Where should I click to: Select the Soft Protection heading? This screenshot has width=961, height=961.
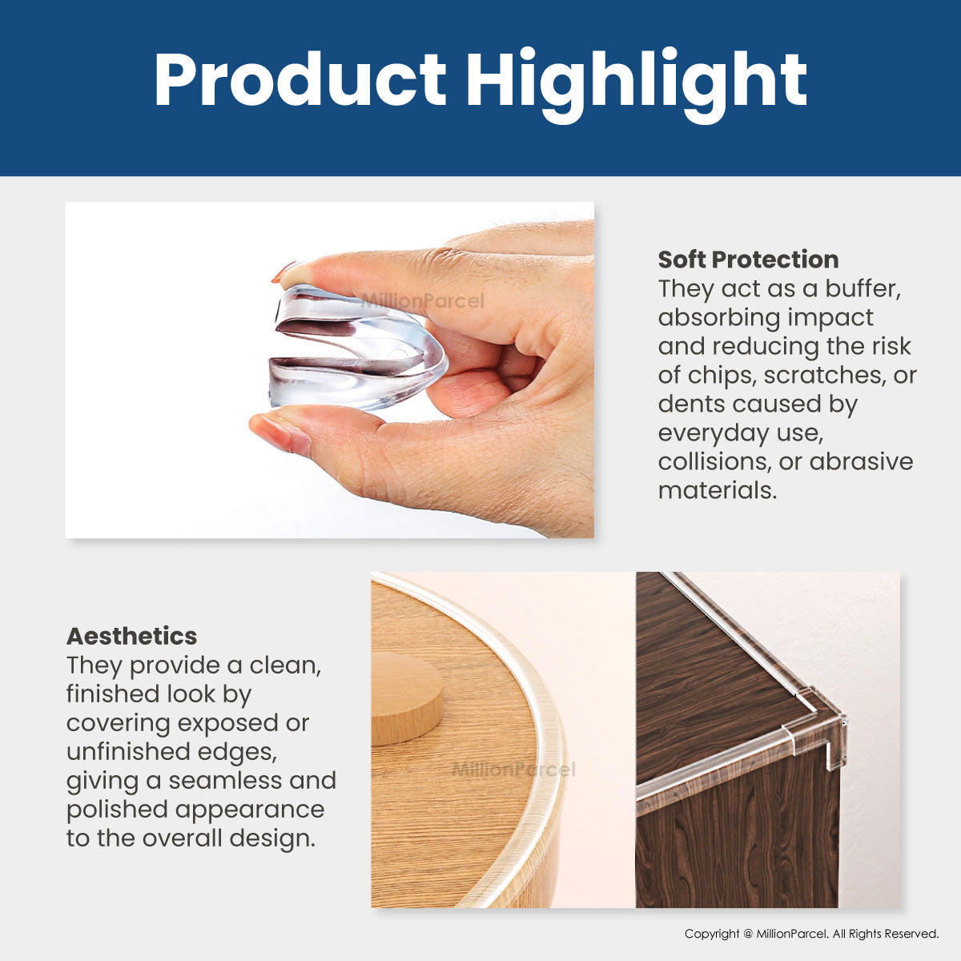tap(748, 259)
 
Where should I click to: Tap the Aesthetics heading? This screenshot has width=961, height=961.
tap(131, 637)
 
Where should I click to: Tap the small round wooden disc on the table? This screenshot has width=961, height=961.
tap(407, 698)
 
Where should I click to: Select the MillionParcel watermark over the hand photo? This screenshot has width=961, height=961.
tap(422, 301)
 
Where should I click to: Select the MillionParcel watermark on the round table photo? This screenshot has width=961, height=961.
tap(513, 770)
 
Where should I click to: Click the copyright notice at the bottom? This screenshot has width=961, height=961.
tap(811, 934)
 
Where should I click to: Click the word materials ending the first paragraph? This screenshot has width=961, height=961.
tap(718, 491)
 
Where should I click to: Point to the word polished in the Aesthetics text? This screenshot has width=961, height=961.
tap(117, 810)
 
